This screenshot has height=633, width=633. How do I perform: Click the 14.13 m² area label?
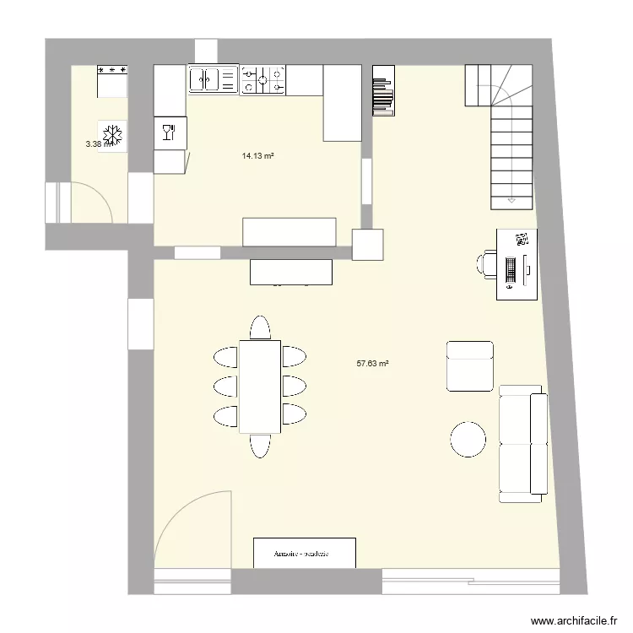pos(259,155)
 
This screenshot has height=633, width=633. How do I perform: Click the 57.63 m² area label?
pos(372,364)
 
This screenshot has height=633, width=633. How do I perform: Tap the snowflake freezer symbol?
pos(112,135)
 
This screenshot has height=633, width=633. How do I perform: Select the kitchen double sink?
pos(214,79)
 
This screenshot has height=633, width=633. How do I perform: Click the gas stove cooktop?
pos(263,80)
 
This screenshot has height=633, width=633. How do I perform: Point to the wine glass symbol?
pos(169,132)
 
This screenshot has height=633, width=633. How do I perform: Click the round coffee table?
pos(468,439)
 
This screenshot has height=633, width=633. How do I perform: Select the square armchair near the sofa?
pos(468,365)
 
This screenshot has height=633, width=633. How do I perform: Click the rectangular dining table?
pos(260,386)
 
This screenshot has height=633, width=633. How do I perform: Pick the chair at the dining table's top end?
pos(260,327)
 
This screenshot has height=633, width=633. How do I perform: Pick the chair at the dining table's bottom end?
pos(260,445)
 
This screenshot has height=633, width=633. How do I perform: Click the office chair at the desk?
pos(488,263)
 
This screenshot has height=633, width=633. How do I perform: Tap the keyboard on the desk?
pos(511,269)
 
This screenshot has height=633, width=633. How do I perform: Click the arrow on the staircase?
pos(511,201)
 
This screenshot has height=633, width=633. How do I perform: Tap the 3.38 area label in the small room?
pos(95,144)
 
